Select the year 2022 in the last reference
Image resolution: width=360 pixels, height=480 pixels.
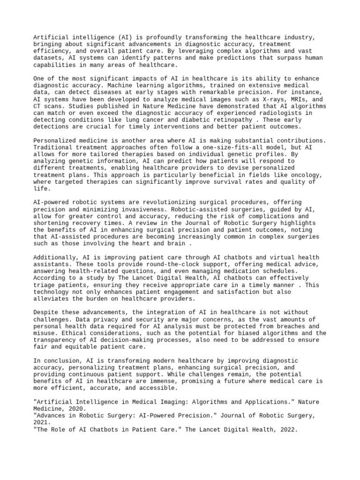pyautogui.click(x=287, y=429)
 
